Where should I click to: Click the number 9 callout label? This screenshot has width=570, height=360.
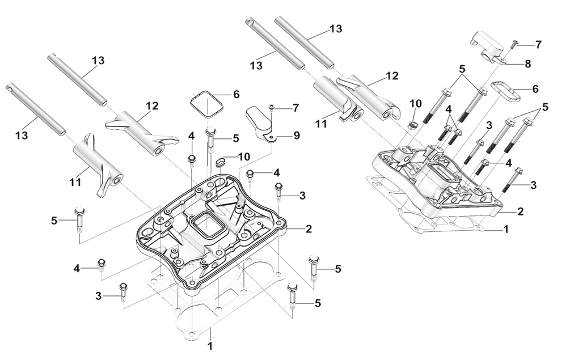point(297,135)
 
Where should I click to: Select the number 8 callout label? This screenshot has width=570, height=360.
point(528,64)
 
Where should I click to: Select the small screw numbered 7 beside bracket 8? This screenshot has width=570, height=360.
point(514,43)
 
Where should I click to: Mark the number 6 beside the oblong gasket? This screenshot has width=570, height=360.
point(534,90)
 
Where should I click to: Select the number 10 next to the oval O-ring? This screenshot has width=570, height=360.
point(243,157)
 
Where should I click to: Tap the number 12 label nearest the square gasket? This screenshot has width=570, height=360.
point(151,105)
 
